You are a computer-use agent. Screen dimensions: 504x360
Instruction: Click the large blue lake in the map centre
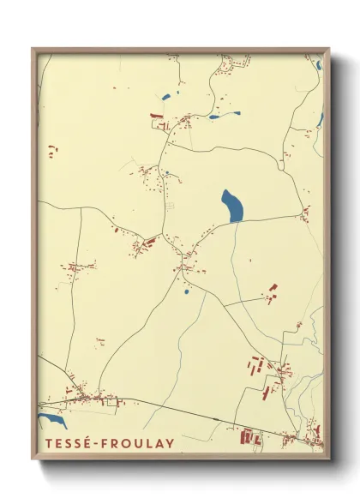(x=231, y=207)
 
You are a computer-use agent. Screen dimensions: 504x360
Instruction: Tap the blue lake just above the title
(x=51, y=421)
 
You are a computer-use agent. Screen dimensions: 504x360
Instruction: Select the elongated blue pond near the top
(x=225, y=115)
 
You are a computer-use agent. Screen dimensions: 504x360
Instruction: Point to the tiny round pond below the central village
(x=186, y=291)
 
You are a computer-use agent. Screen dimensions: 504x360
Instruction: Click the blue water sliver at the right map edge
(x=319, y=120)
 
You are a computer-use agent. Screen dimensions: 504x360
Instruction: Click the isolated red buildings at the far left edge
(x=52, y=150)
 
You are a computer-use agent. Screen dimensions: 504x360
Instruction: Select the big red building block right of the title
(x=249, y=438)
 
